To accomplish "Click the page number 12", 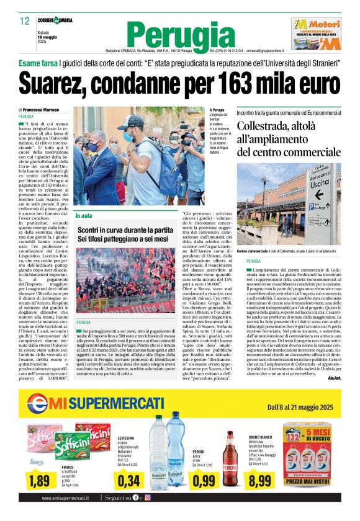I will point(25,21).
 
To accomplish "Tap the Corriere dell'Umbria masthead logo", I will point(57,20).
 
